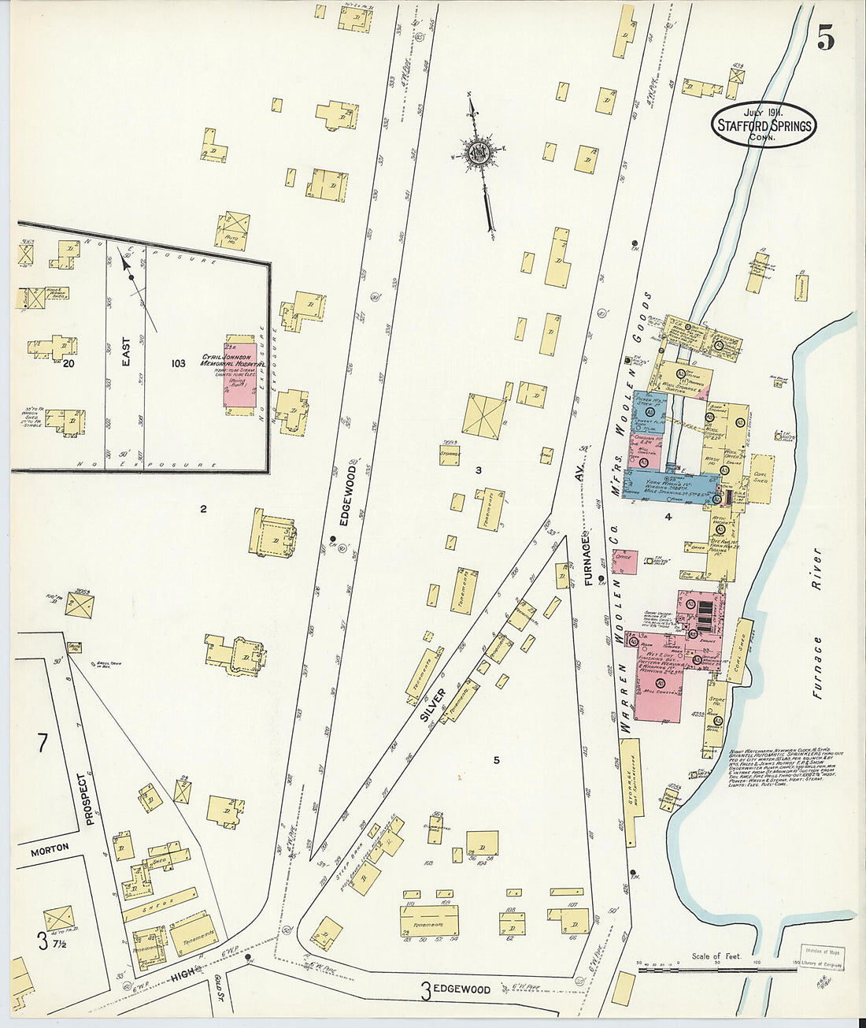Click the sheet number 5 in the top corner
(x=824, y=37)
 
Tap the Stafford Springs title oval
(x=763, y=125)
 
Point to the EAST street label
(x=126, y=352)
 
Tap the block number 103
(x=178, y=363)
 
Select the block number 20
(x=68, y=363)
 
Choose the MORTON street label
(x=50, y=849)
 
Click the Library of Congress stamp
(x=823, y=956)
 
